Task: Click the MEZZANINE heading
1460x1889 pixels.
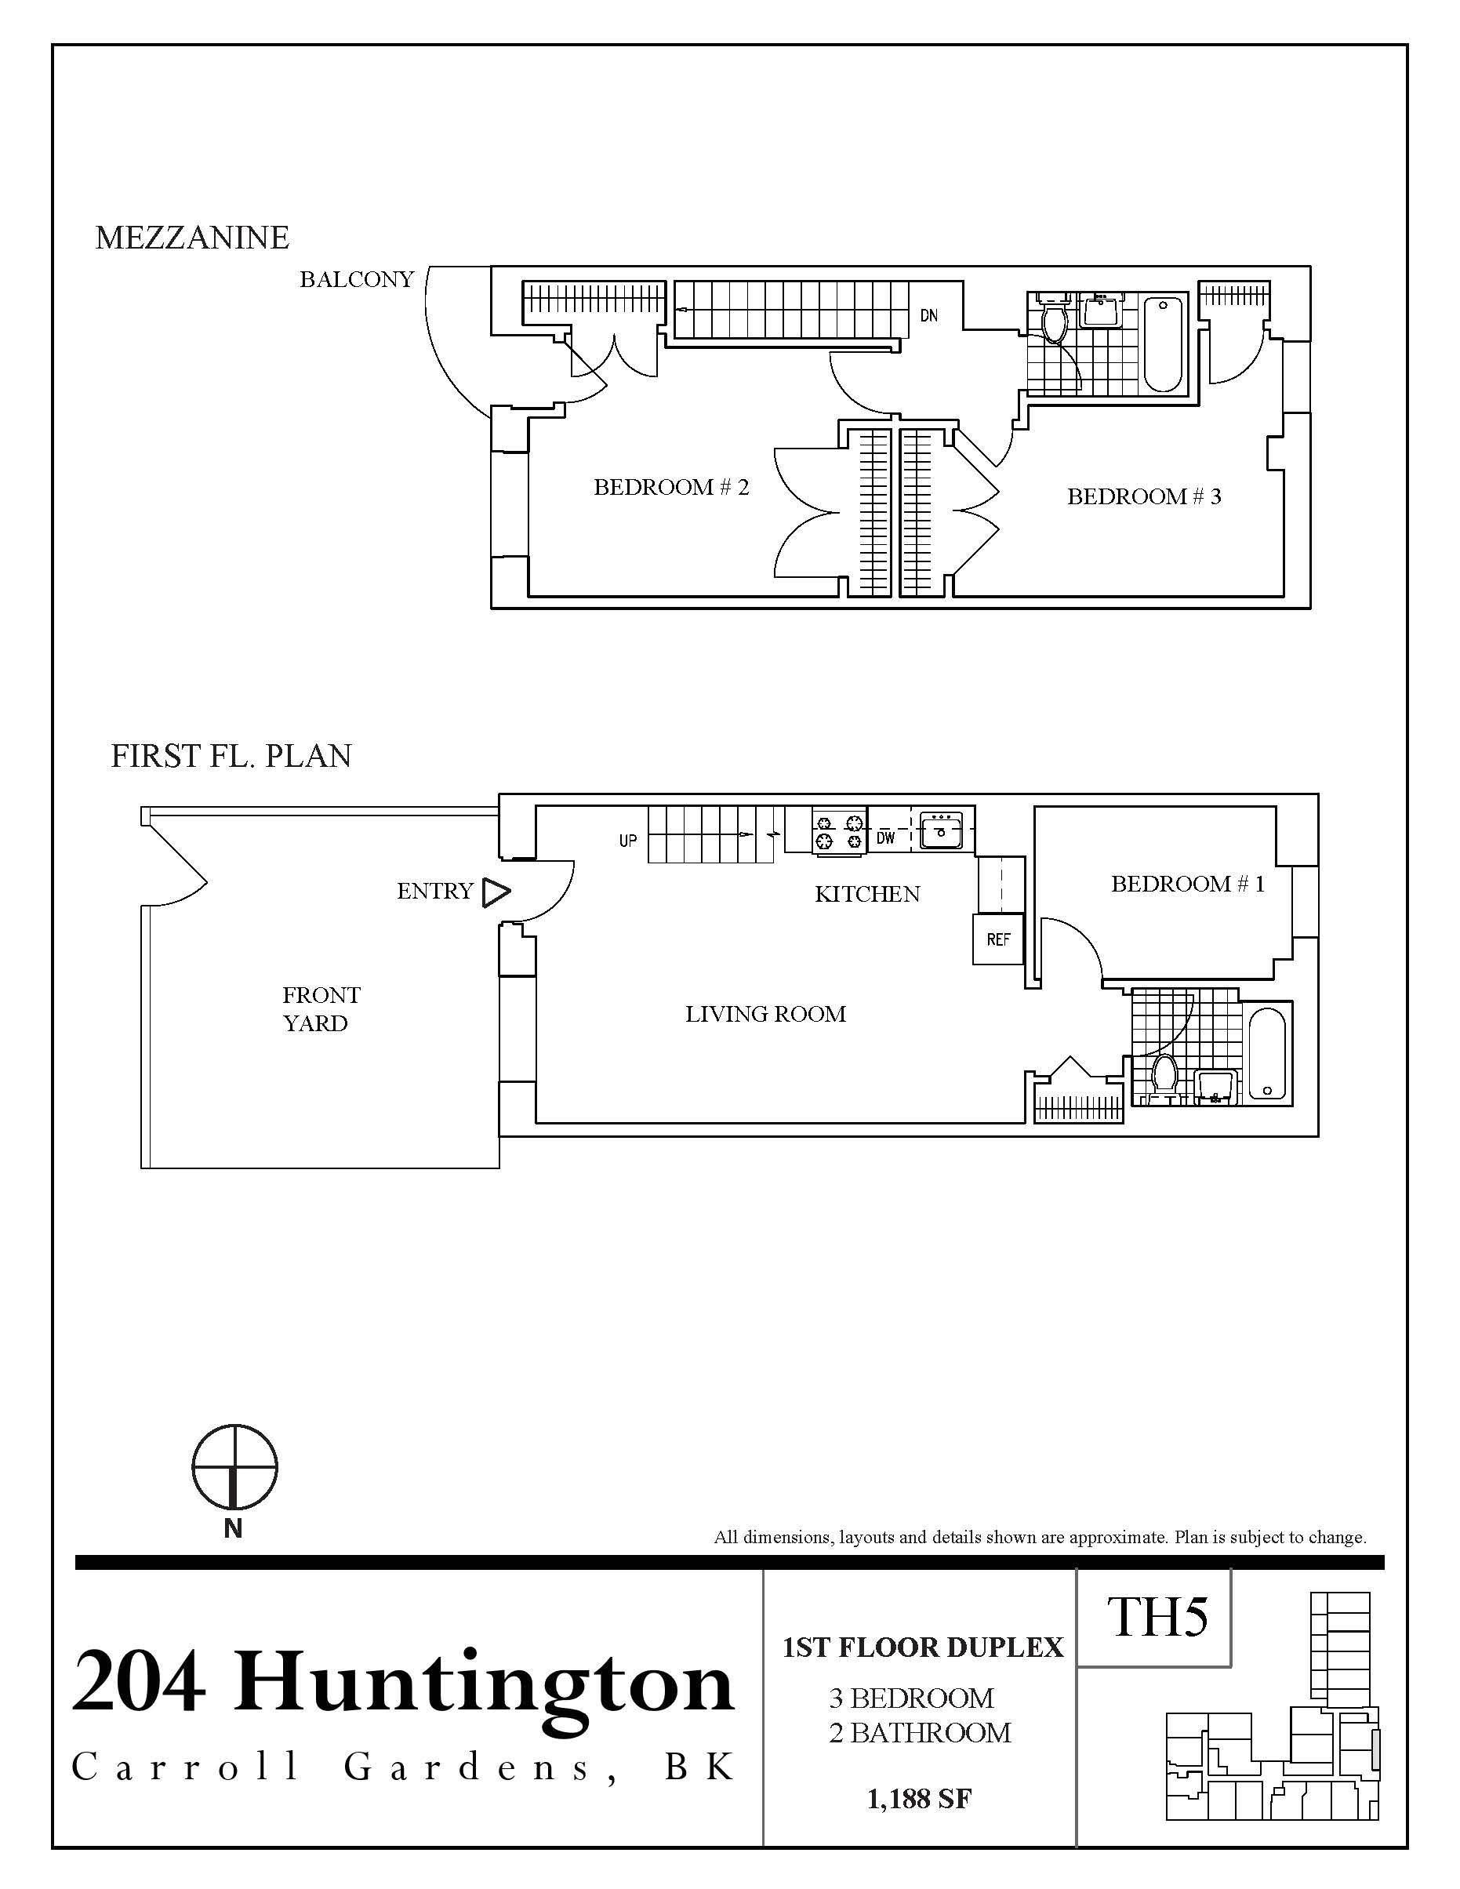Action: click(192, 238)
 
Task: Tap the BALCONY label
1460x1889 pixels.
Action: click(356, 279)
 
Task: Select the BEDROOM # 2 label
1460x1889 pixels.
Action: click(670, 487)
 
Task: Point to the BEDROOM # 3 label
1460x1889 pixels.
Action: click(1143, 496)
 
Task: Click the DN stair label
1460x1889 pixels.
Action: click(929, 316)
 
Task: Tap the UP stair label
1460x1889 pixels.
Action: click(628, 840)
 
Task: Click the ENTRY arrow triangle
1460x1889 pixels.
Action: click(496, 892)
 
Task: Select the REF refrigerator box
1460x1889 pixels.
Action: click(998, 939)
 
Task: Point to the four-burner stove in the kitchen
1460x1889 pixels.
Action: click(839, 830)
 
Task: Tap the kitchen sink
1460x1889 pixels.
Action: click(940, 830)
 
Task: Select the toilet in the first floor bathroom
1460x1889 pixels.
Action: click(1165, 1074)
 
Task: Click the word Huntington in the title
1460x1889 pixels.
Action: click(485, 1683)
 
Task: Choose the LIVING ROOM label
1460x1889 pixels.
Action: click(765, 1014)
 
